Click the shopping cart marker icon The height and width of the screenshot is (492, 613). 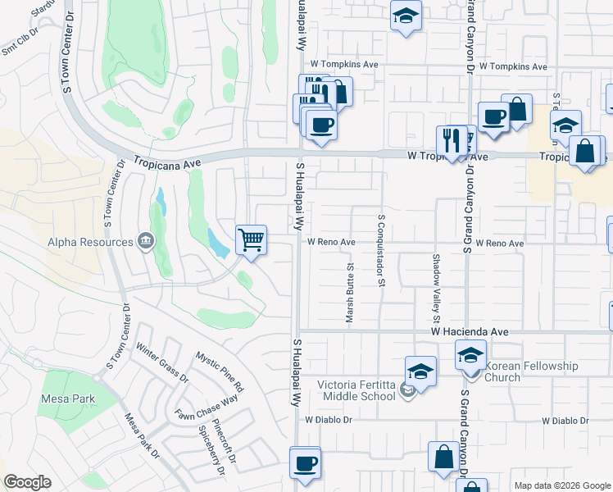252,240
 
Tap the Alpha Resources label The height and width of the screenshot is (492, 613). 90,242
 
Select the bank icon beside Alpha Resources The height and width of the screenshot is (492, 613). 145,241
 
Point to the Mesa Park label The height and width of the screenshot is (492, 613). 68,399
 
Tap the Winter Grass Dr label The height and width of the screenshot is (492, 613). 162,363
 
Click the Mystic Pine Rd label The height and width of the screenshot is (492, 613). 220,371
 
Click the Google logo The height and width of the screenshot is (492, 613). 28,482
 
